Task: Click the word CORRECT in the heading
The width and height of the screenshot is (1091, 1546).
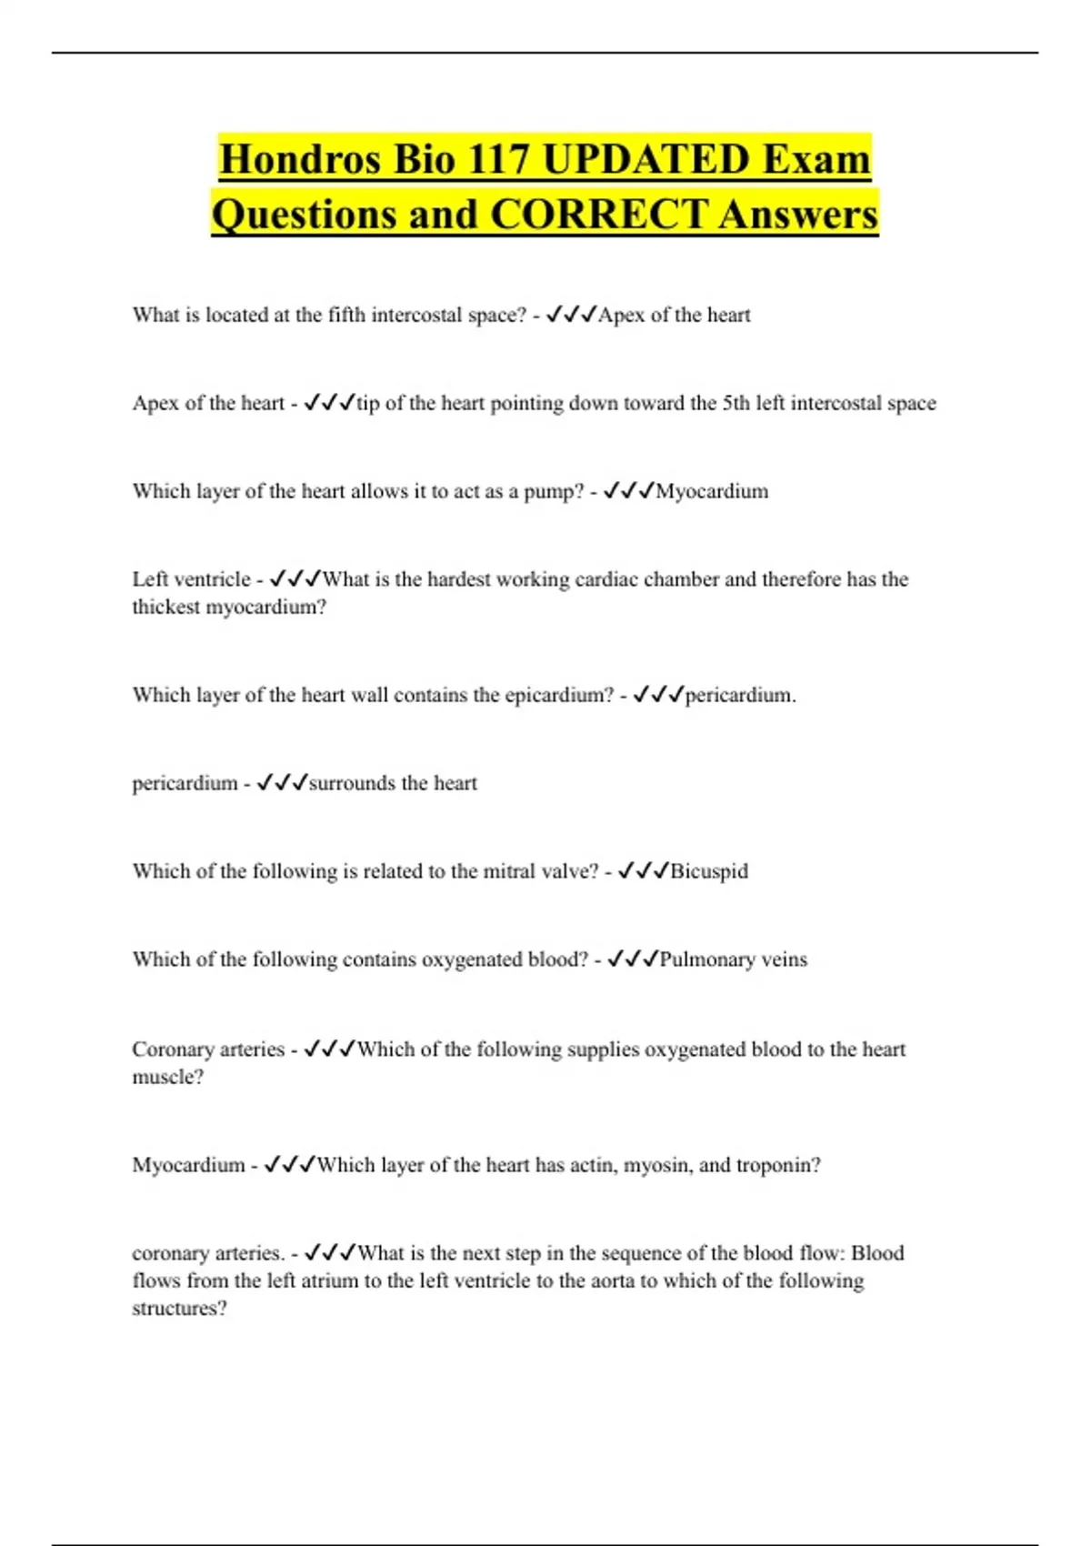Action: point(599,215)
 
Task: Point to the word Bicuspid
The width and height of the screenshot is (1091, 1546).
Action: point(709,871)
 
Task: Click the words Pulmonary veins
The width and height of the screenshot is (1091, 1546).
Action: point(733,959)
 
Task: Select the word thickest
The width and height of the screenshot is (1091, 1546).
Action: point(166,607)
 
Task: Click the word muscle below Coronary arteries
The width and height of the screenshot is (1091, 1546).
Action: point(165,1077)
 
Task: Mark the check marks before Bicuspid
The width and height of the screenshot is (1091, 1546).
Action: point(643,871)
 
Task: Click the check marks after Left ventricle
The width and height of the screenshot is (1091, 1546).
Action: point(295,579)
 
